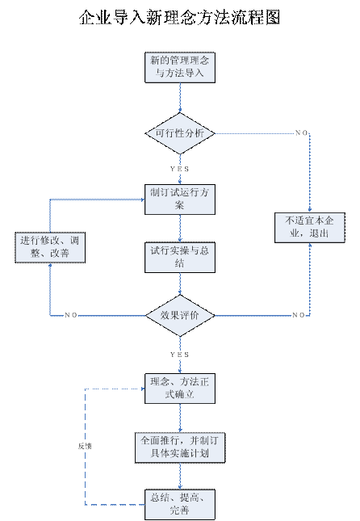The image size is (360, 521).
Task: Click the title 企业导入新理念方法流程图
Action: (180, 17)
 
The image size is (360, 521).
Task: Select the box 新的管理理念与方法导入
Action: (180, 68)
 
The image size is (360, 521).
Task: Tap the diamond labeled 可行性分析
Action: (180, 133)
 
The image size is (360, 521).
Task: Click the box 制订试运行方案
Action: (180, 200)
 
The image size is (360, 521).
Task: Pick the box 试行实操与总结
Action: (180, 258)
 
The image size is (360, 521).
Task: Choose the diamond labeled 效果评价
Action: (180, 315)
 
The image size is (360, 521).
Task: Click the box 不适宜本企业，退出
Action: (309, 228)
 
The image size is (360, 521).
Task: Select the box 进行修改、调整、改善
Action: (50, 247)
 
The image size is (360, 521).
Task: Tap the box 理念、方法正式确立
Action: (180, 389)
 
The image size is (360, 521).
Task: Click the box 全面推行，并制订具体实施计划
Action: (180, 447)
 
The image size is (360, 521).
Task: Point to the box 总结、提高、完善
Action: (180, 504)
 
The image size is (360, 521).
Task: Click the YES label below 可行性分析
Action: (180, 169)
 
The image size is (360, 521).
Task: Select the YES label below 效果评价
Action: (180, 355)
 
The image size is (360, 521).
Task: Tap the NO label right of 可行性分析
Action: (302, 133)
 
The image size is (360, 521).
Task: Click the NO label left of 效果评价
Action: (71, 315)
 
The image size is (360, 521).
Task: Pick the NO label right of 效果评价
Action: (299, 315)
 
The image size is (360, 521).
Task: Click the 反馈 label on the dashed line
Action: (85, 446)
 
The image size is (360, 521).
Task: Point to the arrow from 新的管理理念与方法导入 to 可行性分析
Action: (180, 98)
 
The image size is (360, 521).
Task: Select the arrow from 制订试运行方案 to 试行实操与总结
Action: (180, 229)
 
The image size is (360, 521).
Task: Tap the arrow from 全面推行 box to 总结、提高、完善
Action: (180, 476)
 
